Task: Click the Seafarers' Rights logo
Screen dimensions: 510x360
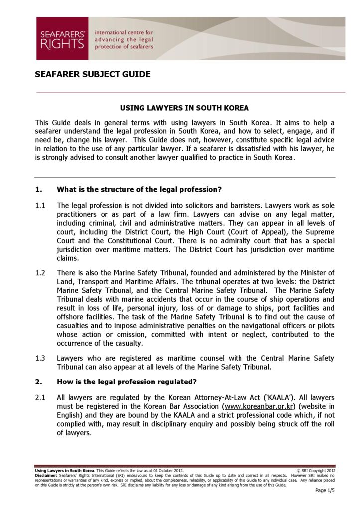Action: pyautogui.click(x=62, y=38)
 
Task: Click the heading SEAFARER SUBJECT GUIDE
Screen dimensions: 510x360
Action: pyautogui.click(x=93, y=75)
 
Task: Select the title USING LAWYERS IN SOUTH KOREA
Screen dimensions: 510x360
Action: pyautogui.click(x=185, y=108)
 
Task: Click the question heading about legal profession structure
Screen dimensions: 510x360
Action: pyautogui.click(x=139, y=189)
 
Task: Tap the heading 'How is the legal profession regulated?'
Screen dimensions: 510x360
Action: pyautogui.click(x=127, y=382)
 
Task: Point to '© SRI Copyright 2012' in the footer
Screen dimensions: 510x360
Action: pyautogui.click(x=316, y=471)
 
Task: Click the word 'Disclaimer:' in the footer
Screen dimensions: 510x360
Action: pyautogui.click(x=46, y=475)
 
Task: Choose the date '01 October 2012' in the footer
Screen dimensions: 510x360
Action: pyautogui.click(x=167, y=471)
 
